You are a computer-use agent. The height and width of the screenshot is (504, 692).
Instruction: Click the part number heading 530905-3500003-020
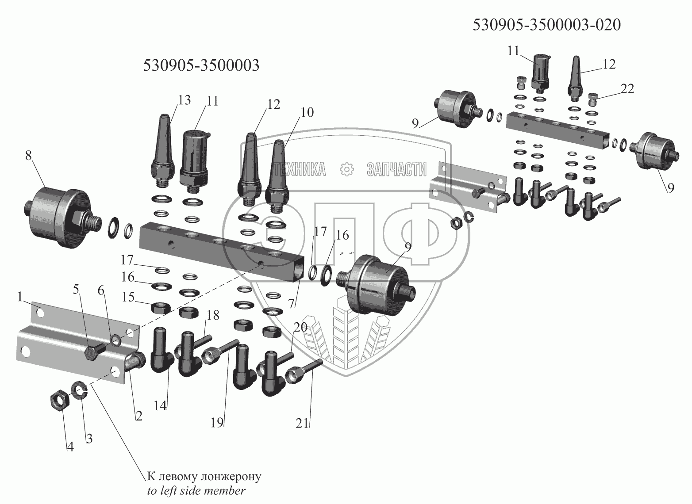pos(546,25)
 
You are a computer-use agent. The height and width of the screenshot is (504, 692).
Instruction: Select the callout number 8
pos(29,156)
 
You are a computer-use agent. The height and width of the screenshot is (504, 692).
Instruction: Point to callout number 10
pos(307,112)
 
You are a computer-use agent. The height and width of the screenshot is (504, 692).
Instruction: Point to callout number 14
pos(161,405)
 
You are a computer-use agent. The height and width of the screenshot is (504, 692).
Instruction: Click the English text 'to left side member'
pos(196,491)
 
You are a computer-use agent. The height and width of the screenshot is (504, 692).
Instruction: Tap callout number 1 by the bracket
pos(20,297)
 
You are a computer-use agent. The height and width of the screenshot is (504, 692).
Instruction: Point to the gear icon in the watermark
pos(346,169)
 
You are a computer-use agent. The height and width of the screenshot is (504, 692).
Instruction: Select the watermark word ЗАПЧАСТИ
pos(396,169)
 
